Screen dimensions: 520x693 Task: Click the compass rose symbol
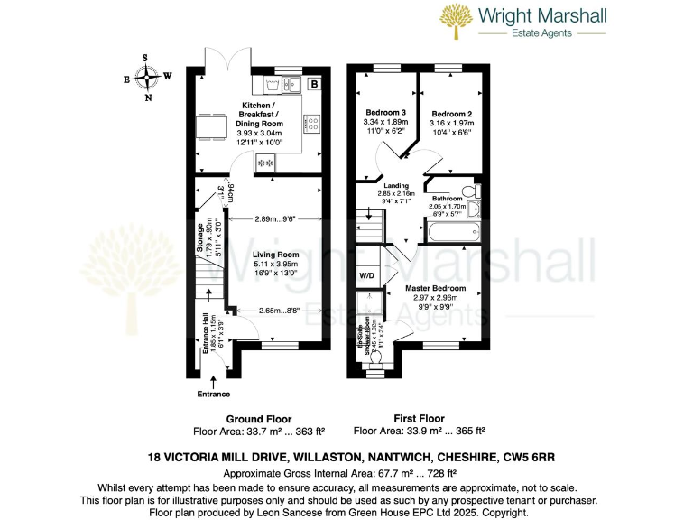[147, 78]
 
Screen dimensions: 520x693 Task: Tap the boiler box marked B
[313, 85]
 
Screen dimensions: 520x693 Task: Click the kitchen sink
[273, 86]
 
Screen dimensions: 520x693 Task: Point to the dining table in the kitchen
[212, 126]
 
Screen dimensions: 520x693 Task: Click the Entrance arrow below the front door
[213, 384]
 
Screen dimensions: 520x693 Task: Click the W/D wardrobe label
[367, 275]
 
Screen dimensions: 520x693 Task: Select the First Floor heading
[419, 418]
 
